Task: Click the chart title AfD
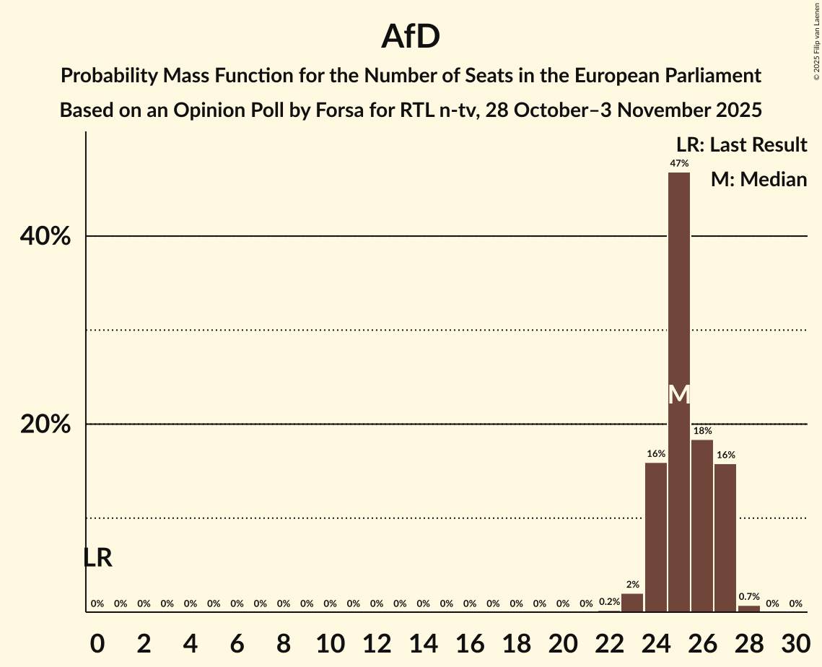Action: pos(411,36)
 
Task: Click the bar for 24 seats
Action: pos(655,537)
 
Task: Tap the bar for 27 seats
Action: pos(725,538)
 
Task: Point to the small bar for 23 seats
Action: pos(632,603)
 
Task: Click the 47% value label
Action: pos(678,164)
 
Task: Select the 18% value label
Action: pos(702,431)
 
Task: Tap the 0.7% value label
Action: pos(749,596)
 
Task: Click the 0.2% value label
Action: pos(609,602)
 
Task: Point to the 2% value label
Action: pos(632,584)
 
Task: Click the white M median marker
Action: pos(678,394)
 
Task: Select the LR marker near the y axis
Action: pos(97,558)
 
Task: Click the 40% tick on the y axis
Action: pos(45,237)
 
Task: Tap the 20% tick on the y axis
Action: pos(45,424)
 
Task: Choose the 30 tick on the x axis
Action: pos(795,640)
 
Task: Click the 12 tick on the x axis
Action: pos(376,640)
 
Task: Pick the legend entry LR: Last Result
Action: pos(741,145)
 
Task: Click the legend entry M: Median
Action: pos(758,180)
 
